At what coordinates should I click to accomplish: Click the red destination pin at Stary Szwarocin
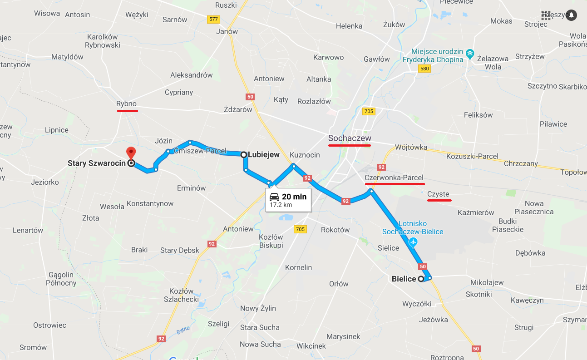point(131,153)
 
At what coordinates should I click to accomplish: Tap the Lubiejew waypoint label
point(263,155)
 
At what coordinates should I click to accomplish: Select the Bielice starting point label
point(404,279)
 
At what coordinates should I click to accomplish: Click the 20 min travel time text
point(294,197)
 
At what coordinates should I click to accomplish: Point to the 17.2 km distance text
point(281,205)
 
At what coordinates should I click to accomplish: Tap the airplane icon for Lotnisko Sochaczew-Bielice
point(413,242)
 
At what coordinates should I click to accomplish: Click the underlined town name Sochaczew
point(350,138)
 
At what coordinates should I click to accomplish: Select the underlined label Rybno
point(126,104)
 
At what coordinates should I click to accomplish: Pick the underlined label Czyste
point(438,194)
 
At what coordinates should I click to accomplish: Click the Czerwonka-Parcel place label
point(394,178)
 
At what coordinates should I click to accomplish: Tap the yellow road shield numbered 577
point(213,20)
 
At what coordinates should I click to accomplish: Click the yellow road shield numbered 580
point(424,69)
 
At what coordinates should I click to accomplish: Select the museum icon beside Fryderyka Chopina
point(470,55)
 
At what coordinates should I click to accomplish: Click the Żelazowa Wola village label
point(493,62)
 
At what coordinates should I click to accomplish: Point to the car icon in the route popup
point(274,197)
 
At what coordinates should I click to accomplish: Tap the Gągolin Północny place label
point(61,279)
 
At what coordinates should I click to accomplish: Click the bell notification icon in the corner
point(571,15)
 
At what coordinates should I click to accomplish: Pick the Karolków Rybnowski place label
point(103,41)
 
